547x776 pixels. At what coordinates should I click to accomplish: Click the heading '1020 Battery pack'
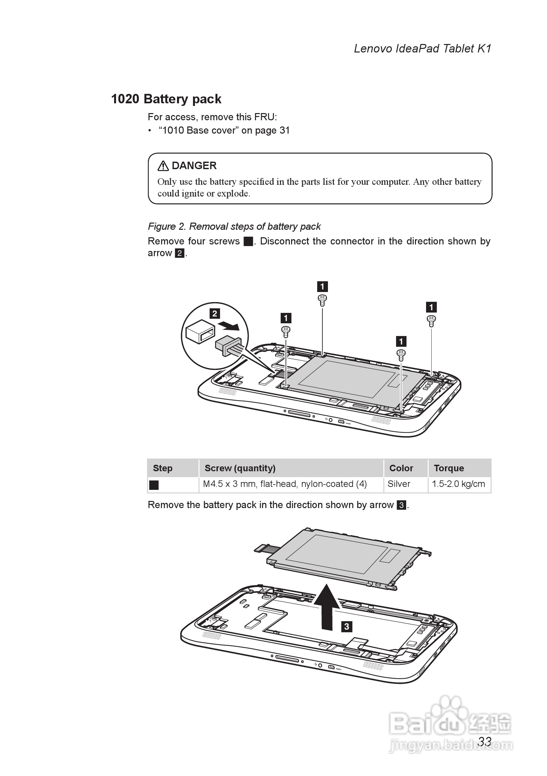point(166,99)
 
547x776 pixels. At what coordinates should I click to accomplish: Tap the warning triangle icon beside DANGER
point(163,166)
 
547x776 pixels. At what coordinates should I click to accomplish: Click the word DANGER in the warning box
point(194,166)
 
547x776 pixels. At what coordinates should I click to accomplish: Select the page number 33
point(484,741)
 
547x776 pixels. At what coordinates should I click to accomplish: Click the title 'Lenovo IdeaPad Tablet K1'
point(422,49)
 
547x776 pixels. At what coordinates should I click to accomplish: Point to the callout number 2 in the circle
point(215,313)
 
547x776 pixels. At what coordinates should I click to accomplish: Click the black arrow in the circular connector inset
point(229,326)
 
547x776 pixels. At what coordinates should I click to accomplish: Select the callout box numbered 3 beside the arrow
point(347,626)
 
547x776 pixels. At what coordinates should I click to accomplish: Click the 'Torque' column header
point(449,468)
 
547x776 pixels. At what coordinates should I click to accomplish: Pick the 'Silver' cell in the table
point(399,484)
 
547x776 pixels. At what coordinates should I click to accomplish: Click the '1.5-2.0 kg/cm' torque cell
point(458,484)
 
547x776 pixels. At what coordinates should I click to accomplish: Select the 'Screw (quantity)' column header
point(240,468)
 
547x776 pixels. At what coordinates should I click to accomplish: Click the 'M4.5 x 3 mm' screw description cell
point(285,484)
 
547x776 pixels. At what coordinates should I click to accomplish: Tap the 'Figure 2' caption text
point(234,227)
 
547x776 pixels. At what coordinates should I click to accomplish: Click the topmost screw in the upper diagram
point(322,300)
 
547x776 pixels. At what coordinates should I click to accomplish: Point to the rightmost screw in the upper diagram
point(431,320)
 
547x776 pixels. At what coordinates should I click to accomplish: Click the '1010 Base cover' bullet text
point(224,130)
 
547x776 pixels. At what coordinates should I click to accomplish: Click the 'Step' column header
point(163,468)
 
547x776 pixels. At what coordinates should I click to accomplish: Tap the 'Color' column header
point(401,468)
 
